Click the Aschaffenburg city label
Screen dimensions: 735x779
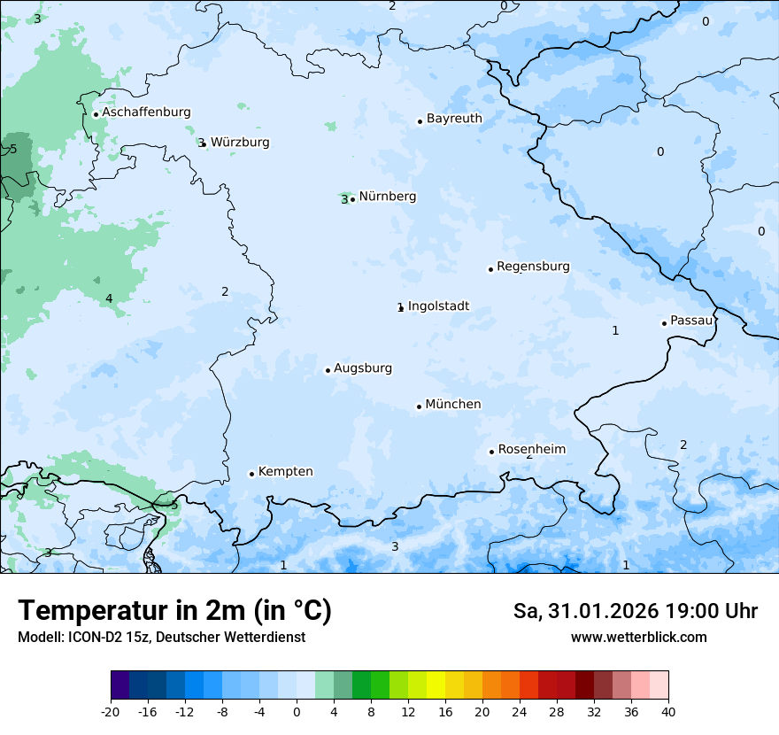coord(146,112)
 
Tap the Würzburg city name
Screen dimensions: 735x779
coord(240,143)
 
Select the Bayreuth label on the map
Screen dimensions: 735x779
coord(454,119)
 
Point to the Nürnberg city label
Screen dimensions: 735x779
coord(387,197)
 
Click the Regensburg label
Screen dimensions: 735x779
coord(533,267)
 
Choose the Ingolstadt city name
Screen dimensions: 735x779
coord(438,306)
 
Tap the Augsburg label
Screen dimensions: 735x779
coord(363,368)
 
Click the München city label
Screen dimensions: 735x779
coord(453,405)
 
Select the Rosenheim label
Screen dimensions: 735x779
coord(532,450)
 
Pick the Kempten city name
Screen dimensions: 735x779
coord(285,472)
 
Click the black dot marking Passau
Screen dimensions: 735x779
coord(664,323)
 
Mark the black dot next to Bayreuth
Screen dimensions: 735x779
coord(420,121)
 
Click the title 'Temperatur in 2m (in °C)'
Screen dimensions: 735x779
coord(175,611)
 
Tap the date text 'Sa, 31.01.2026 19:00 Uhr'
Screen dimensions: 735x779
coord(635,611)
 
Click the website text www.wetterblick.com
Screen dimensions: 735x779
coord(638,638)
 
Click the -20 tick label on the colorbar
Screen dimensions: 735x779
coord(111,712)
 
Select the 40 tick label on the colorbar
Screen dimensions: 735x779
coord(668,712)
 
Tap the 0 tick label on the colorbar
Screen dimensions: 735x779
coord(297,712)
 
